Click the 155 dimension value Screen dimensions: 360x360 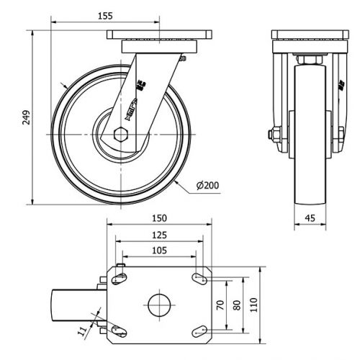point(105,16)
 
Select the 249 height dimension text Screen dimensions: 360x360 point(26,117)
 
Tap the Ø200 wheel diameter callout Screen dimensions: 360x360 point(207,185)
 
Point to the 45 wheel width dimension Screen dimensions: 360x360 point(310,218)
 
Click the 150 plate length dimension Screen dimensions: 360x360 point(159,218)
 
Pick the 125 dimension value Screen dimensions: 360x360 point(159,235)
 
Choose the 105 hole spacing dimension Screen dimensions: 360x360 point(159,251)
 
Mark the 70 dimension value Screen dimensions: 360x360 point(220,305)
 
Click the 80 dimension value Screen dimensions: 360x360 point(237,305)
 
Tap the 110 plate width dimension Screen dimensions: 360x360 point(253,305)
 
